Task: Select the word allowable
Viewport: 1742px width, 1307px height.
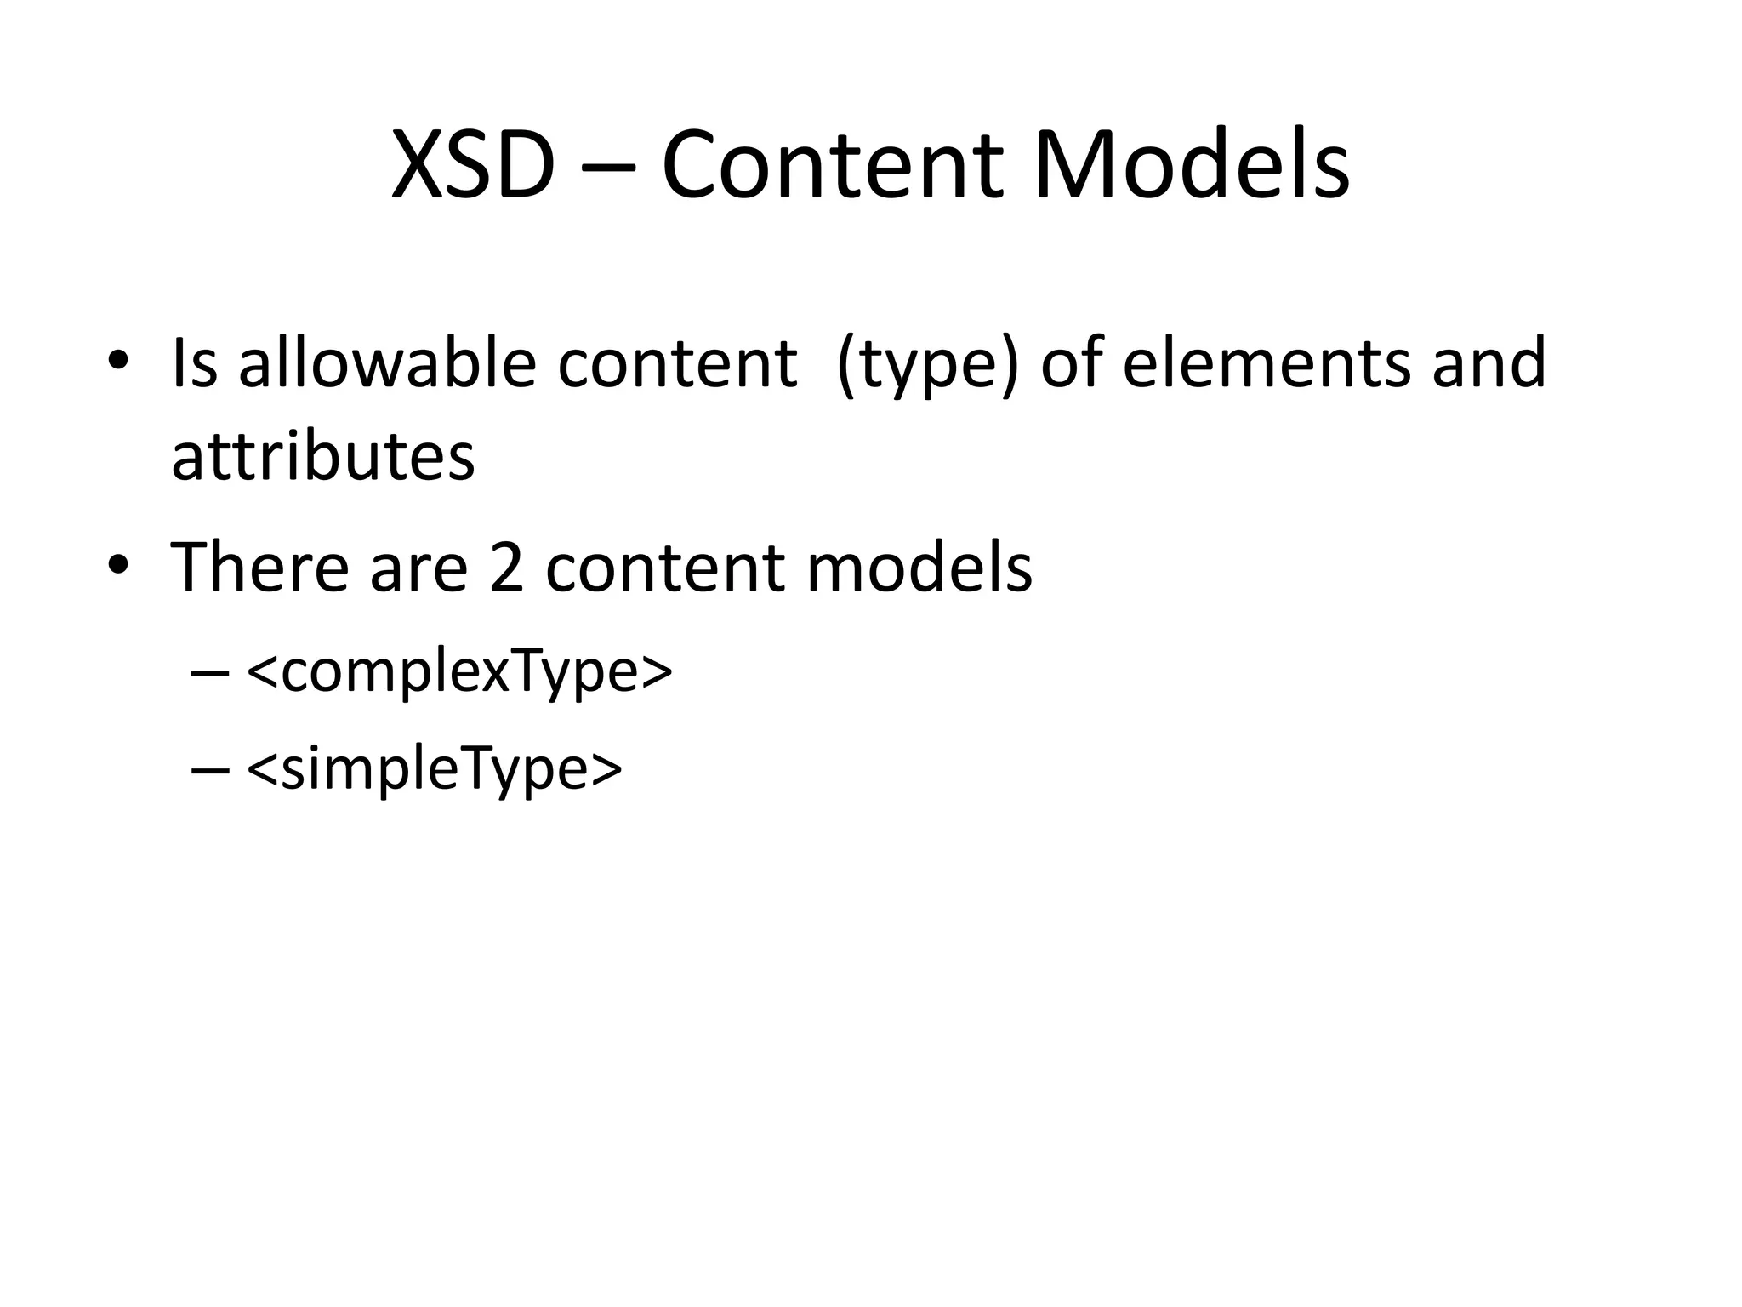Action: [387, 363]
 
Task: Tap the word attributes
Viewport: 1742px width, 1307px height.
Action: [323, 457]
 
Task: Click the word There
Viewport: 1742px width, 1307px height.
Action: [260, 567]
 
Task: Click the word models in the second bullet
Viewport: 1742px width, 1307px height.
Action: [919, 567]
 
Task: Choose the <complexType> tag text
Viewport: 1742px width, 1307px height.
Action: [459, 672]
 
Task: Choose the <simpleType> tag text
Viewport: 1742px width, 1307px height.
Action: [435, 769]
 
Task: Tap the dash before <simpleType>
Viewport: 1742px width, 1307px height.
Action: [211, 771]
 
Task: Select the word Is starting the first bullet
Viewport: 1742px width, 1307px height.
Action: [195, 363]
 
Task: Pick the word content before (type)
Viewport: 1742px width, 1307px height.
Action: [677, 363]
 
